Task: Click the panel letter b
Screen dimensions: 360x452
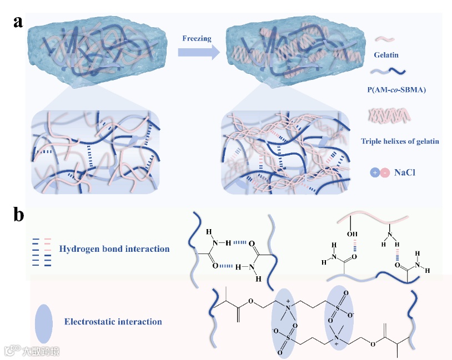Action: pos(19,215)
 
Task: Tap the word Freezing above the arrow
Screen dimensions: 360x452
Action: pos(197,38)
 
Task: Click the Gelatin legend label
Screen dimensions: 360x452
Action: pos(386,55)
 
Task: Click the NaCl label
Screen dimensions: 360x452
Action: pos(406,173)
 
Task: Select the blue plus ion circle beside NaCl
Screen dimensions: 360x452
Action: pos(374,173)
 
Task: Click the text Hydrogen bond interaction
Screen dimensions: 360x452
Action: pos(114,249)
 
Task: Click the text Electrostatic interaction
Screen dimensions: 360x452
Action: pos(113,321)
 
